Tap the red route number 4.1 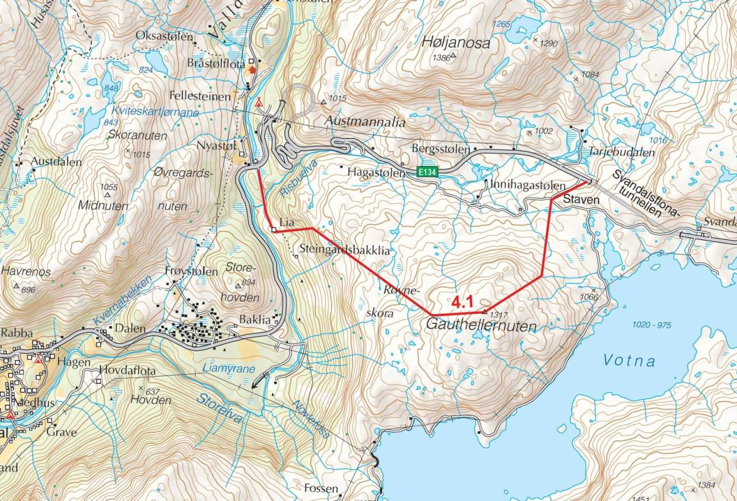tap(462, 302)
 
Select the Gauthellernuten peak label tap(481, 326)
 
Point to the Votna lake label tap(629, 361)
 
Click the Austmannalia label tap(366, 123)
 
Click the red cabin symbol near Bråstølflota tap(252, 70)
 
